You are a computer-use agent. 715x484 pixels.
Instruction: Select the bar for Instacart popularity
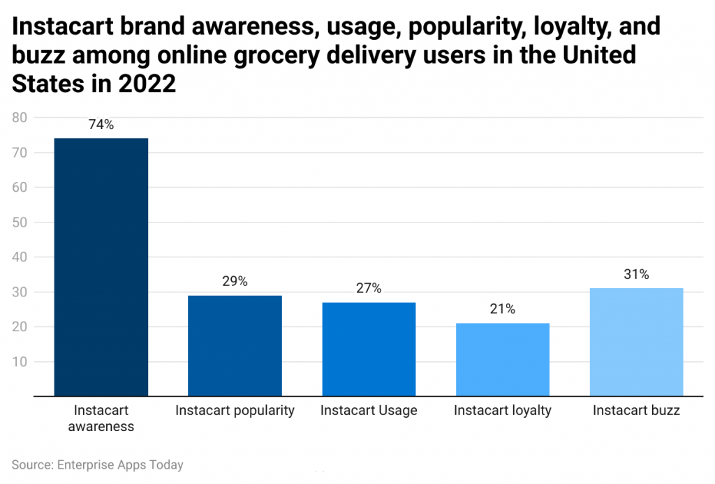(235, 346)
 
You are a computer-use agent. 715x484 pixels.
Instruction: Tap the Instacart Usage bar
(369, 349)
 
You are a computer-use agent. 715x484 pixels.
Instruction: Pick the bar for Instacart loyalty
(503, 360)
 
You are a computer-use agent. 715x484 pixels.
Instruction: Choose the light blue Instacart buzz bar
(636, 342)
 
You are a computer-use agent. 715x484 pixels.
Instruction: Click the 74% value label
(101, 126)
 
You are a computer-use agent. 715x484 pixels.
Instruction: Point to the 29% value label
(235, 282)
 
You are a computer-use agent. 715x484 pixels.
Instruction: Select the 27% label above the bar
(369, 289)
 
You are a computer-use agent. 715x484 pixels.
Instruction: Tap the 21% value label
(503, 310)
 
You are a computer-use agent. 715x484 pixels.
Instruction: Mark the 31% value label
(636, 275)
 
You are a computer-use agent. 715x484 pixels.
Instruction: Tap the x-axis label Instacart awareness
(101, 418)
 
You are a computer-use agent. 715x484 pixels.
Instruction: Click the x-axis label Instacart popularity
(235, 410)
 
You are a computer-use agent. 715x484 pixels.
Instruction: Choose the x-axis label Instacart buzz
(636, 410)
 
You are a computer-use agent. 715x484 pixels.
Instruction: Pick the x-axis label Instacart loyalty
(503, 410)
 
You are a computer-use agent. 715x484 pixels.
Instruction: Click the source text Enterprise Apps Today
(121, 464)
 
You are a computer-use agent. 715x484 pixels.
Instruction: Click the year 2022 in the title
(147, 83)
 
